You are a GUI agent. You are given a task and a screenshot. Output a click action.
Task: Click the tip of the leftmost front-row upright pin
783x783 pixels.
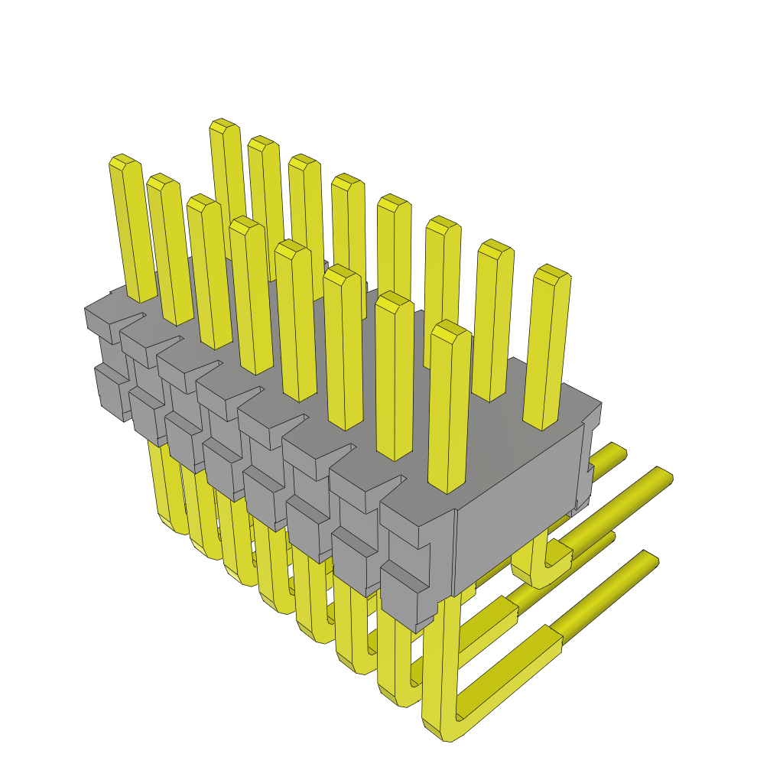(122, 161)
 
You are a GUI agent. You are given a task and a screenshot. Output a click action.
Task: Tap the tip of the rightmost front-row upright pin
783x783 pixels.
(450, 329)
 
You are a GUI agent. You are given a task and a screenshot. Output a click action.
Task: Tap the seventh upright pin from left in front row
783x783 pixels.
(395, 375)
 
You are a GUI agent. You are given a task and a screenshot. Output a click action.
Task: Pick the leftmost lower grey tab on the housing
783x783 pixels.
(111, 390)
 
